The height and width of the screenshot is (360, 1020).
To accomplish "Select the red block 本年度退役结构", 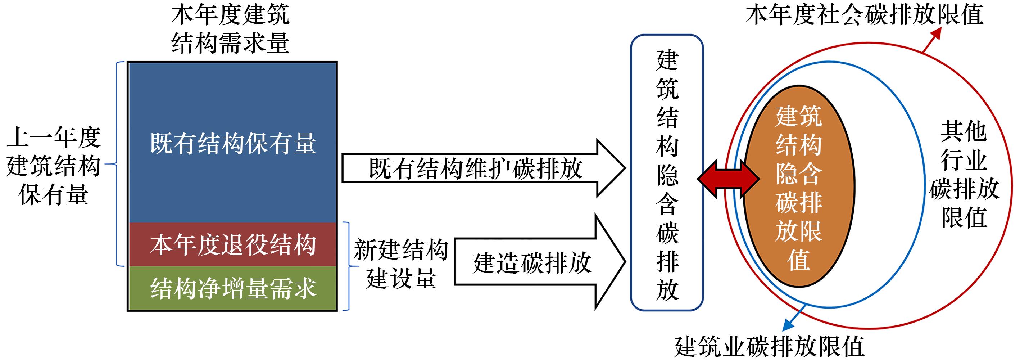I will pyautogui.click(x=232, y=244).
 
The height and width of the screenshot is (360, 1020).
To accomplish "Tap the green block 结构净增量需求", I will pyautogui.click(x=232, y=288).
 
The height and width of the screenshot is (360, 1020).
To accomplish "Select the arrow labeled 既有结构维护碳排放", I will pyautogui.click(x=475, y=168).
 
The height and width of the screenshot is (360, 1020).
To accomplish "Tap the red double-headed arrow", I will pyautogui.click(x=728, y=179).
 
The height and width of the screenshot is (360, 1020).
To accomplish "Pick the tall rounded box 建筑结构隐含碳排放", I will pyautogui.click(x=667, y=173).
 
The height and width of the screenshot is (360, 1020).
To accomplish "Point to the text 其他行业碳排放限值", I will pyautogui.click(x=964, y=174).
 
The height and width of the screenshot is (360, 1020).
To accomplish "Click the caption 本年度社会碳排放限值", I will pyautogui.click(x=864, y=15).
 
